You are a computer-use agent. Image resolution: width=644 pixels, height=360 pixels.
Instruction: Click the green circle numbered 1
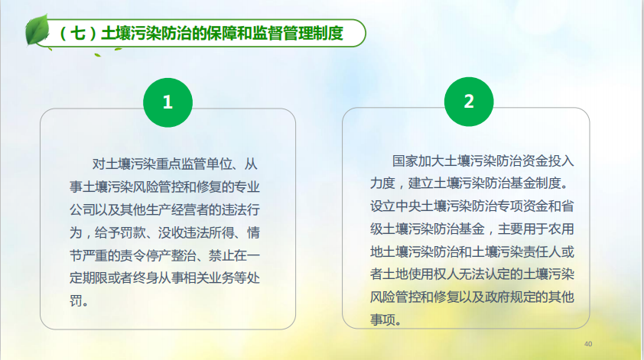click(168, 102)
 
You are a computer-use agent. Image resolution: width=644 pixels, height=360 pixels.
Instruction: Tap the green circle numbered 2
click(469, 102)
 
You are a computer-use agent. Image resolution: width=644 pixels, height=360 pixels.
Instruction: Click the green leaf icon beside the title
click(37, 30)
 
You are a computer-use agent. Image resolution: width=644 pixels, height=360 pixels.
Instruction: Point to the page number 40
click(588, 344)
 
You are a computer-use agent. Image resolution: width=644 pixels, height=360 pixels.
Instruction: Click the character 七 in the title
click(78, 34)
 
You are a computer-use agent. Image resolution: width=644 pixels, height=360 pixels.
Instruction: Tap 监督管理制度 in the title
click(298, 34)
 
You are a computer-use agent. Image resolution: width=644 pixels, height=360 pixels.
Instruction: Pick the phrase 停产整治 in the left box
click(171, 255)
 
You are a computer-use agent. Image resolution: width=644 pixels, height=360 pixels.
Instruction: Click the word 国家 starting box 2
click(405, 161)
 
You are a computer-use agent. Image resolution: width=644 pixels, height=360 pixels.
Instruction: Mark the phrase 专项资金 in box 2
click(523, 206)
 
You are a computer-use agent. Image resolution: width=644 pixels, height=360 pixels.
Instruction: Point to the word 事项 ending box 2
click(382, 319)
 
